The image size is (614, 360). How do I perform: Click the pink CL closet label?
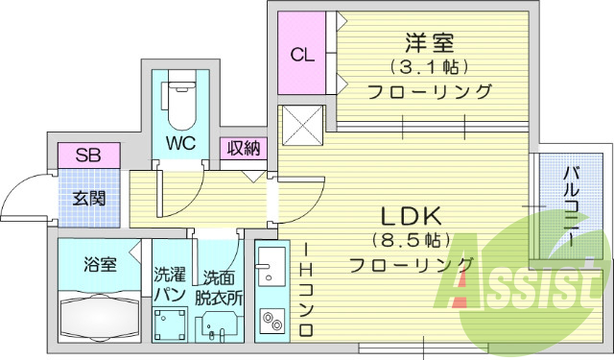click(x=302, y=56)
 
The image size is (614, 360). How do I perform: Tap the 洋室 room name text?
click(x=429, y=43)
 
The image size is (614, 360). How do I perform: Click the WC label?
click(x=180, y=143)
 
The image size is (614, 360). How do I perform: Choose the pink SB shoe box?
click(x=88, y=154)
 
